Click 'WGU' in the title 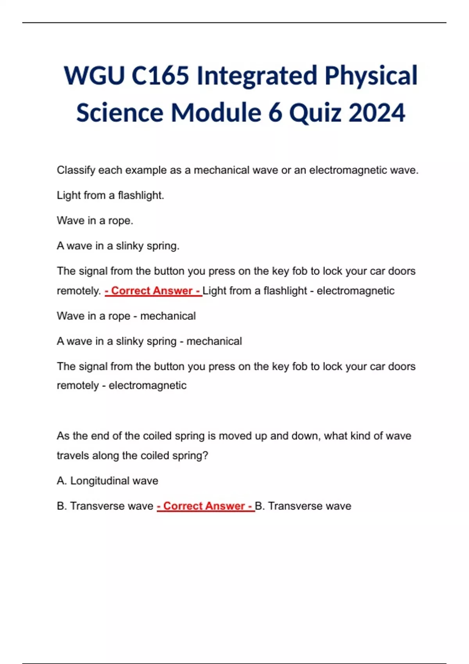[94, 75]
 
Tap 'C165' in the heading [160, 75]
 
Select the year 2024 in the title [376, 112]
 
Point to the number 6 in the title [275, 112]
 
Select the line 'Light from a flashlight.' [110, 195]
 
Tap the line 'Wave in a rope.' [95, 221]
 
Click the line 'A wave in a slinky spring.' [118, 246]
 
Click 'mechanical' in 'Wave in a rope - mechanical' [168, 316]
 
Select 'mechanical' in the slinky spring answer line [214, 341]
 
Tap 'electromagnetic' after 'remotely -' [147, 386]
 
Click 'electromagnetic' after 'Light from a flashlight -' [355, 291]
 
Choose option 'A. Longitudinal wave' [107, 481]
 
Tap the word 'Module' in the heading [216, 112]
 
